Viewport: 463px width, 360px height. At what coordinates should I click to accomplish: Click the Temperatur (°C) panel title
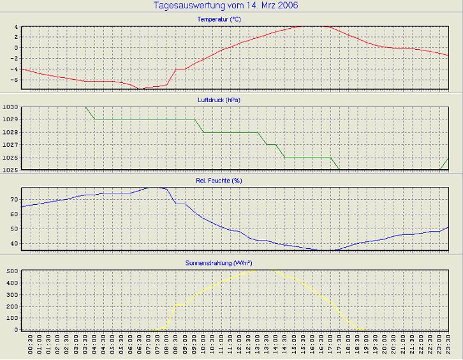pyautogui.click(x=219, y=19)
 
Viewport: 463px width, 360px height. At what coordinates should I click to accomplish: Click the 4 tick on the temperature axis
pyautogui.click(x=16, y=27)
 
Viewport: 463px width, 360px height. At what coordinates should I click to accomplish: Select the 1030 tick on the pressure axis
pyautogui.click(x=10, y=107)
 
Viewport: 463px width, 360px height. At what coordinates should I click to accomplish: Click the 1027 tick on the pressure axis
pyautogui.click(x=10, y=145)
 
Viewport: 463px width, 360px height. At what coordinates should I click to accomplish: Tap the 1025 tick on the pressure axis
pyautogui.click(x=10, y=170)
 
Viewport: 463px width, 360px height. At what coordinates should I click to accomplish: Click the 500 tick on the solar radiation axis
pyautogui.click(x=12, y=271)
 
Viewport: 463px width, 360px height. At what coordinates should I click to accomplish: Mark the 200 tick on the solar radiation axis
pyautogui.click(x=12, y=306)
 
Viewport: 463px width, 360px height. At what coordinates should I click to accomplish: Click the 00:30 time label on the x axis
pyautogui.click(x=31, y=348)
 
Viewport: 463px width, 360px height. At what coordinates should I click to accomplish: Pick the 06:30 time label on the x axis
pyautogui.click(x=140, y=348)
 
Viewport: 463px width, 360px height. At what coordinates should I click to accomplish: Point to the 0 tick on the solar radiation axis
pyautogui.click(x=16, y=330)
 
